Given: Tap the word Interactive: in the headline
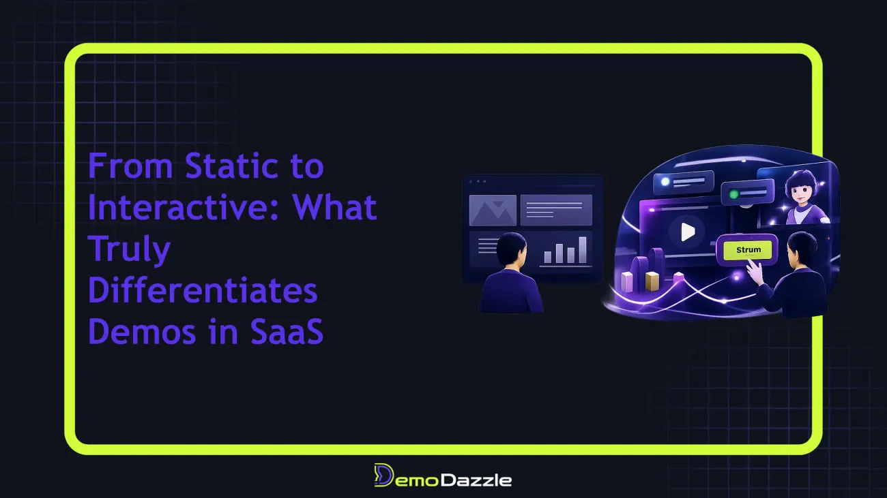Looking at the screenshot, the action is [183, 206].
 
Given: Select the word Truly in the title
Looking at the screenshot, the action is [129, 249].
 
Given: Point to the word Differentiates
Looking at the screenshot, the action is [203, 290].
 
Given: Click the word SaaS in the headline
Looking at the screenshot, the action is [287, 331].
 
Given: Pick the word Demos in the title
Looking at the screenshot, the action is [142, 331].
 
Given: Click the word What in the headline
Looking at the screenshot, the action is [334, 206].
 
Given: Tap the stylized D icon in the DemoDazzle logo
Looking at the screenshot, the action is [383, 475].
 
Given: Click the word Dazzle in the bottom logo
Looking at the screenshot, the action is [476, 480].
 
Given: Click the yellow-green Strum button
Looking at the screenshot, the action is [747, 250].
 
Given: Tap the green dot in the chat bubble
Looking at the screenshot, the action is [733, 194].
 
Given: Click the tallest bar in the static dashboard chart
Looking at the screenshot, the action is [583, 250].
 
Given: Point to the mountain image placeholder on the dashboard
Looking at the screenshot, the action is [493, 211].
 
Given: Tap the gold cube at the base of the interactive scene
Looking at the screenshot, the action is [652, 281].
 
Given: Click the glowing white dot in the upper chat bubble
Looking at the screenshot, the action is [665, 181].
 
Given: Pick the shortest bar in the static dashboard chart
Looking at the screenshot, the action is [548, 258].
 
